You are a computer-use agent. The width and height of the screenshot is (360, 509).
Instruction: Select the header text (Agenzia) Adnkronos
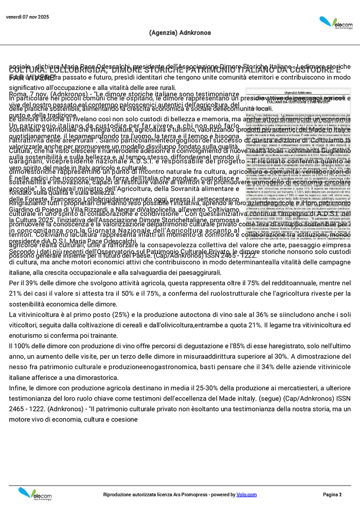point(179,32)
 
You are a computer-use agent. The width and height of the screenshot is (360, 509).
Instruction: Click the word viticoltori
point(25,324)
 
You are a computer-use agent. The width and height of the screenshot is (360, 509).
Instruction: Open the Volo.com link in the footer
point(247,495)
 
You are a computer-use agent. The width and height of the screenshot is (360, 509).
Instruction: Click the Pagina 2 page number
point(332,495)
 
